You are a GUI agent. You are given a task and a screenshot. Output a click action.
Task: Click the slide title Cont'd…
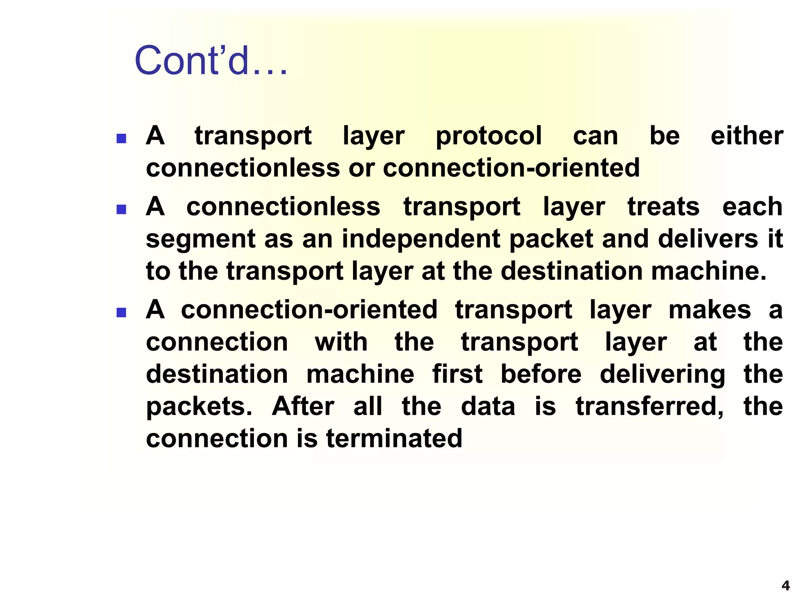(211, 61)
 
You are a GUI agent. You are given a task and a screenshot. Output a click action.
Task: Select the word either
(747, 136)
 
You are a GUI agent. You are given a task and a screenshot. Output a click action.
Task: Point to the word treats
(663, 207)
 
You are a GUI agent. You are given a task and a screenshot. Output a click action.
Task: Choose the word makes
(710, 310)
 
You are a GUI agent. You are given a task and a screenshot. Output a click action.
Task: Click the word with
(341, 342)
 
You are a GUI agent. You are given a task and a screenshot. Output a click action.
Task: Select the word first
(457, 374)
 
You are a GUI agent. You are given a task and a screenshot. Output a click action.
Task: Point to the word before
(541, 374)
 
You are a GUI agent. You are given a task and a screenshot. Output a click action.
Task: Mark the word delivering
(662, 375)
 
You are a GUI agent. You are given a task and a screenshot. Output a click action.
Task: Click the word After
(303, 406)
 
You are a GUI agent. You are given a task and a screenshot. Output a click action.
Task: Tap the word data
(488, 406)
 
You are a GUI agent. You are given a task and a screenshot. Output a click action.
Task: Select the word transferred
(649, 407)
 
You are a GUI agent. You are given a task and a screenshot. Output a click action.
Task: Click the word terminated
(394, 438)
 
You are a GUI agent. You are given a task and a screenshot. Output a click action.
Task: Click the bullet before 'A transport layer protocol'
(121, 138)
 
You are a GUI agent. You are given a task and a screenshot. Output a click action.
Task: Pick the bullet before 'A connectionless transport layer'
(121, 209)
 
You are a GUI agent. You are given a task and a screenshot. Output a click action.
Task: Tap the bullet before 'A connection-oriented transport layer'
(121, 313)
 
